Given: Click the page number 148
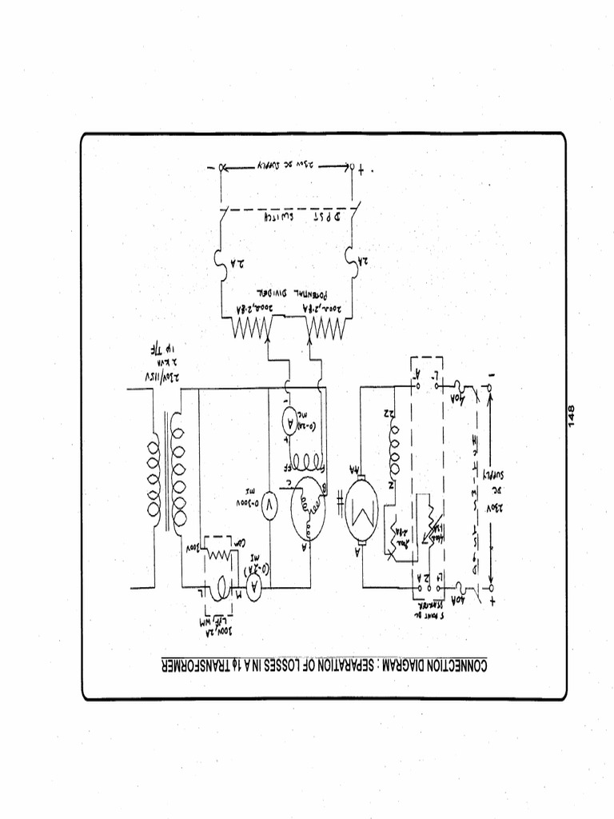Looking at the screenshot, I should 572,416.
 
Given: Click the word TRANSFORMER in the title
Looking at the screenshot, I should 205,665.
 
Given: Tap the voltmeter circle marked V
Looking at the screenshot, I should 269,505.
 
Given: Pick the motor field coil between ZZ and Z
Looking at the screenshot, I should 393,449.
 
